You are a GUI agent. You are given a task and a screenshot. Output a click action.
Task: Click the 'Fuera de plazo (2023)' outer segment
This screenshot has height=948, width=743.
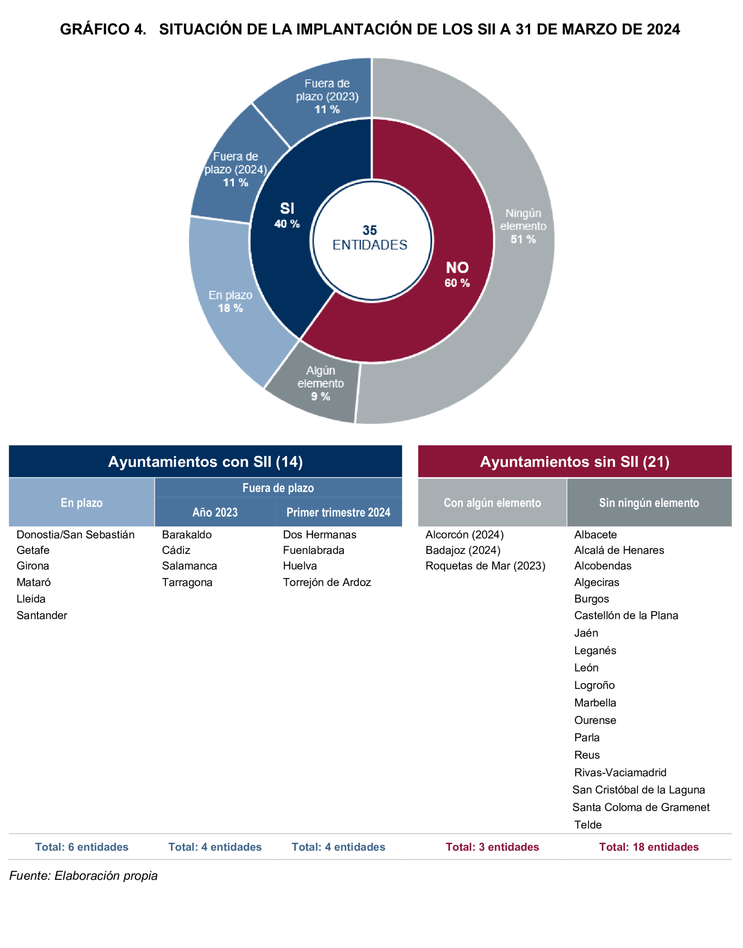[327, 96]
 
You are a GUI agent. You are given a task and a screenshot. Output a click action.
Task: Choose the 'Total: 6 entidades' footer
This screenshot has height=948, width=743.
[82, 847]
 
